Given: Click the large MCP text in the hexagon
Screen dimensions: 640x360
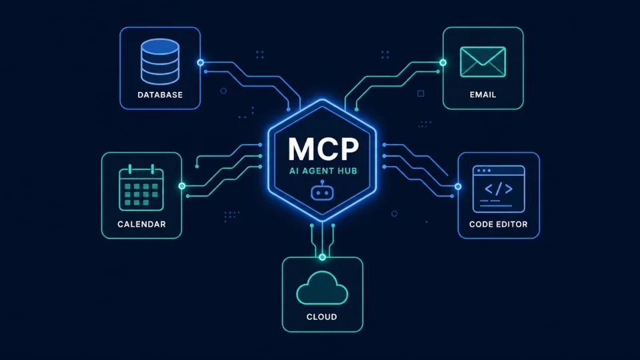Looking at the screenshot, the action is pos(323,149).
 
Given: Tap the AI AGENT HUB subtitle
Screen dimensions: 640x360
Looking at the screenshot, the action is pos(323,171).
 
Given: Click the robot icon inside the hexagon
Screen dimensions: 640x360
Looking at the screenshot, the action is pos(323,191).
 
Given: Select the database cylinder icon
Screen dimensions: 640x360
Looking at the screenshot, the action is pos(160,61).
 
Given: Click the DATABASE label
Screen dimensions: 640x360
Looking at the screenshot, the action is pos(160,95).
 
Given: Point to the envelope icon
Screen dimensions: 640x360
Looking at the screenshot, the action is pos(483,62).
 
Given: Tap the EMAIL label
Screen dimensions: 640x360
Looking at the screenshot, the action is pos(483,95).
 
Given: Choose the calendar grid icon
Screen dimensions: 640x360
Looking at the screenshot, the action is pos(141,188).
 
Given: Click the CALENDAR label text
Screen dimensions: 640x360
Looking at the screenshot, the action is pos(141,224).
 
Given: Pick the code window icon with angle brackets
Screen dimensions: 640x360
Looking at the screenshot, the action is pos(499,189).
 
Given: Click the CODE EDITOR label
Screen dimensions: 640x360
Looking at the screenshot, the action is pos(499,224).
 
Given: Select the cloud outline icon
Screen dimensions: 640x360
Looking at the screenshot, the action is pos(322,288).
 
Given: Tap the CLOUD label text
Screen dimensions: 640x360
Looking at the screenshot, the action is pos(321,317).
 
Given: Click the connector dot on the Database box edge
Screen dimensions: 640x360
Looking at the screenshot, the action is pos(201,63).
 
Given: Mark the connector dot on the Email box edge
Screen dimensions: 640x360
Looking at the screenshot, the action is pos(443,63).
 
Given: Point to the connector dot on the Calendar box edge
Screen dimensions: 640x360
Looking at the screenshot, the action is pos(182,186).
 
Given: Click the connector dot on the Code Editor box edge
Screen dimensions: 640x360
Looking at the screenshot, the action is pos(458,187).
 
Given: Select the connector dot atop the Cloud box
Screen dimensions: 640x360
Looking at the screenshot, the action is pos(323,257).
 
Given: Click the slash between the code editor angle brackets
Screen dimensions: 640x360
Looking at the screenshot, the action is pos(499,189).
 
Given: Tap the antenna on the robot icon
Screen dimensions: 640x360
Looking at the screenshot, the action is pos(323,183).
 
